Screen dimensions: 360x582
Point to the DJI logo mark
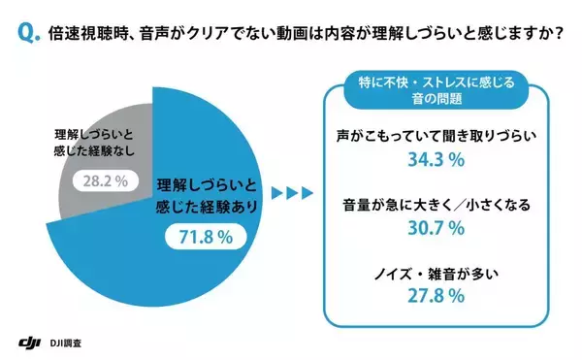[x=31, y=343]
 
